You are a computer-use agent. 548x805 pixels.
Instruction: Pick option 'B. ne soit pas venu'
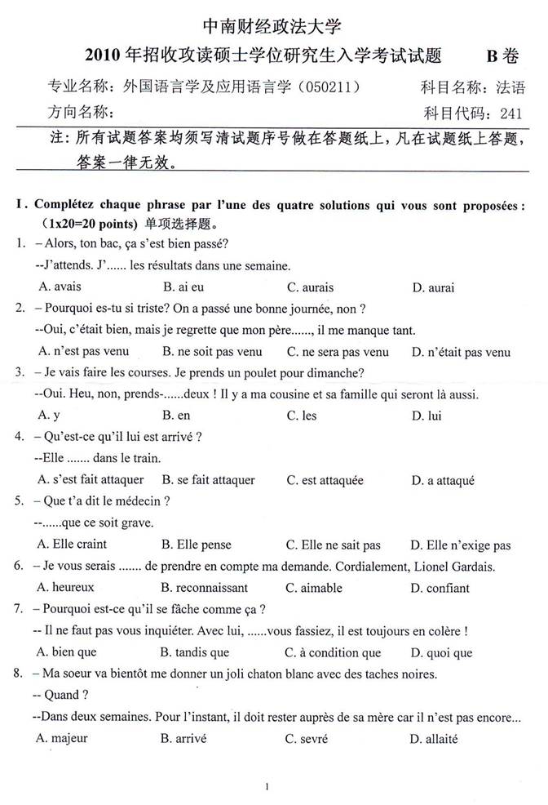tap(212, 352)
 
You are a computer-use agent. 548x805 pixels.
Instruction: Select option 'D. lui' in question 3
tap(426, 416)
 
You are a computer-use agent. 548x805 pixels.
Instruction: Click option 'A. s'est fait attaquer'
tap(91, 480)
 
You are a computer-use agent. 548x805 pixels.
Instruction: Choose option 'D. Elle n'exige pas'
tap(460, 545)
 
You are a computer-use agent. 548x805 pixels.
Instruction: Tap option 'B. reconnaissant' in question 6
tap(205, 587)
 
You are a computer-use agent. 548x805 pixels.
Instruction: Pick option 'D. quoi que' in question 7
tap(441, 652)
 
